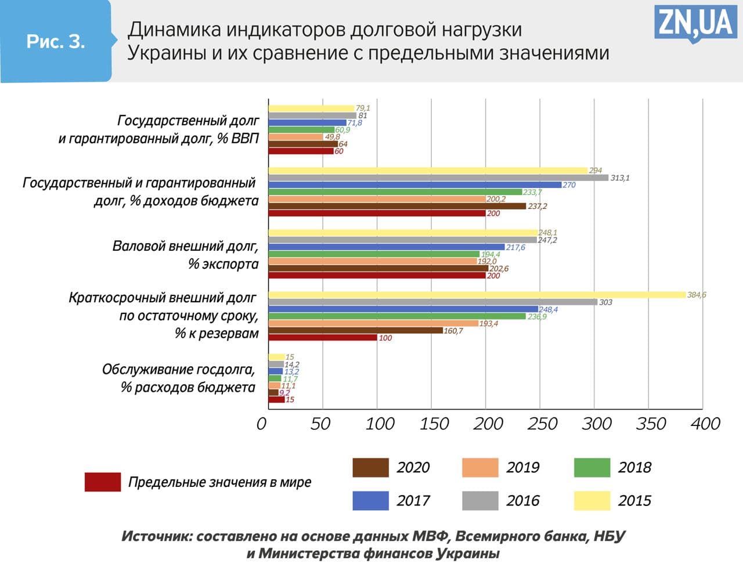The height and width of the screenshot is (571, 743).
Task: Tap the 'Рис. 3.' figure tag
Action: point(56,41)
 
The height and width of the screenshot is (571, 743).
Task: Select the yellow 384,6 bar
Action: point(476,295)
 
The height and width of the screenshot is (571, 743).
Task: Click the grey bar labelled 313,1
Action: point(438,178)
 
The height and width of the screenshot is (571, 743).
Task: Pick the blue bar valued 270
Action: point(414,185)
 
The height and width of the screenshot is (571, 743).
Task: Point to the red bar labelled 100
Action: point(322,338)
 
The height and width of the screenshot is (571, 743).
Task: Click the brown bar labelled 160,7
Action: point(355,331)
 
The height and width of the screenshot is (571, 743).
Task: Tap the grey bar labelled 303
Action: point(432,302)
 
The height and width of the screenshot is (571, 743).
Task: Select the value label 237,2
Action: point(537,206)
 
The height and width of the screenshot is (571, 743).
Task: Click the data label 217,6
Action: point(515,247)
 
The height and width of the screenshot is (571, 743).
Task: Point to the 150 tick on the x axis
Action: point(434,424)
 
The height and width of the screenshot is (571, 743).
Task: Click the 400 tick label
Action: point(705,424)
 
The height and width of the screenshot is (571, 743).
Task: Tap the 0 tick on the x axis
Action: point(262,424)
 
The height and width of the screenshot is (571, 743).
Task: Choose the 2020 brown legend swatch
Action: point(370,467)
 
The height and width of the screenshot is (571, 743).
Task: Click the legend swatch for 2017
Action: point(370,500)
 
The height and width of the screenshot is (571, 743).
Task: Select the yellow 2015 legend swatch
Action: point(592,500)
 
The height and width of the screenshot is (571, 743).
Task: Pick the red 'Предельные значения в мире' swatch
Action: point(103,482)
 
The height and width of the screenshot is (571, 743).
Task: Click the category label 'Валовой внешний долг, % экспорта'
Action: point(186,255)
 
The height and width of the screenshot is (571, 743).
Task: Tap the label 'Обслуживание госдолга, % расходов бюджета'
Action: point(179,378)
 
